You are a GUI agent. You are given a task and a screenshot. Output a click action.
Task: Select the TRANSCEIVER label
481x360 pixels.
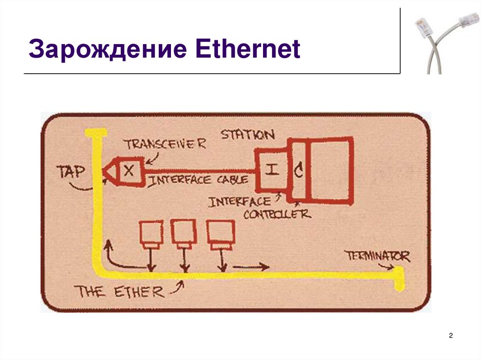pos(165,143)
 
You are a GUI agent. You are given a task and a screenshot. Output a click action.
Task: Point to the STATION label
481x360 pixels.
pos(248,135)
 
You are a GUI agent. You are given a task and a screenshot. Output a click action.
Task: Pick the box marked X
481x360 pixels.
pos(129,171)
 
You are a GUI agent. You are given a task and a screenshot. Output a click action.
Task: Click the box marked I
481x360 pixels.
pos(271,170)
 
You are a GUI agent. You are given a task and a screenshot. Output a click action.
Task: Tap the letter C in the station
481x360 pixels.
pos(298,171)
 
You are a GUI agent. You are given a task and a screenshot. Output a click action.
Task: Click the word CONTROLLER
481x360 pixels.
pos(277,214)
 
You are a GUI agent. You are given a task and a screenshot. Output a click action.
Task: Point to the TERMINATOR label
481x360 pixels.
pos(377,256)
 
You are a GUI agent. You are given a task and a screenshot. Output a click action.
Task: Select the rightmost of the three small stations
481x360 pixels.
pos(220,233)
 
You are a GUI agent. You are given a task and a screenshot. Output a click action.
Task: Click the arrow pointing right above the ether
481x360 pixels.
pos(251,268)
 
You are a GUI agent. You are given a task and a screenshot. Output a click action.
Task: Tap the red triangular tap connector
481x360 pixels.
pos(109,172)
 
